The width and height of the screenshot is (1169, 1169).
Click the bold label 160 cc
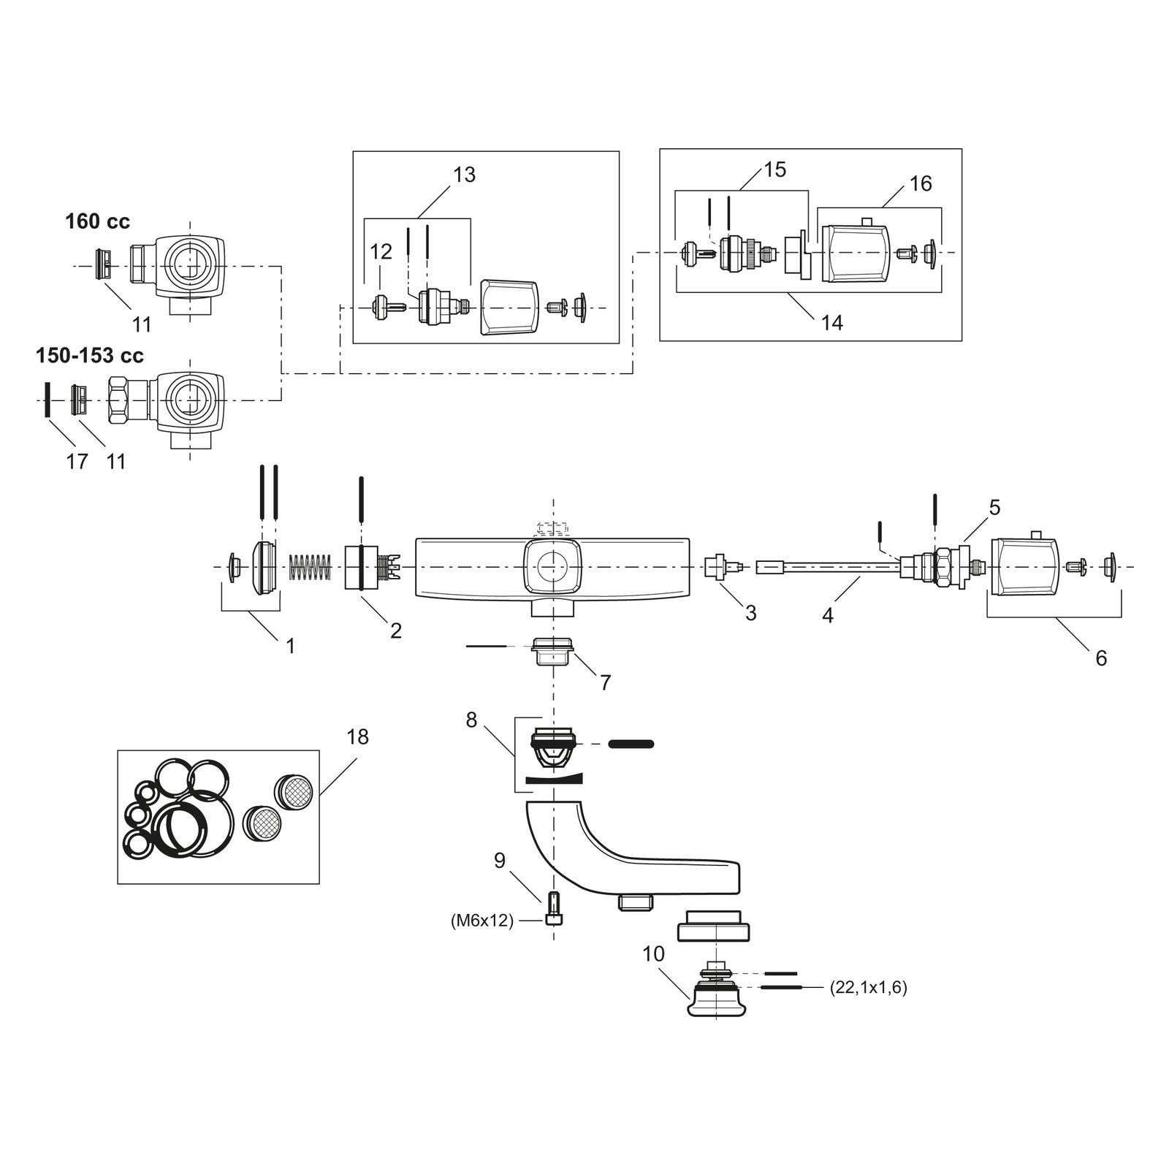pos(97,221)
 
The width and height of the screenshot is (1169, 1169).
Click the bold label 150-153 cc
pos(90,356)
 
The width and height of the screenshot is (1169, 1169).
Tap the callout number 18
pos(357,736)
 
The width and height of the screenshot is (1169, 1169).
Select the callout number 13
pos(464,175)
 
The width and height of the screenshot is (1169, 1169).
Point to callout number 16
pos(921,183)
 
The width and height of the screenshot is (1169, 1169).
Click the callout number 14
pos(831,322)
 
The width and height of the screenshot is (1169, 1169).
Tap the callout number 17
pos(77,462)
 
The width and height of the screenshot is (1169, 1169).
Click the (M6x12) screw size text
pos(482,921)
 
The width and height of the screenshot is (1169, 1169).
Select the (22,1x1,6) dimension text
pos(869,989)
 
